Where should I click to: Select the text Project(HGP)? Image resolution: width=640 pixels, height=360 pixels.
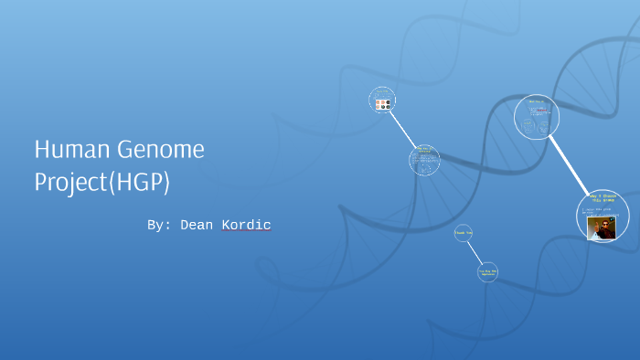[102, 182]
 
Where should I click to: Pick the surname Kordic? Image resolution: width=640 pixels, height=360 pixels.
[246, 225]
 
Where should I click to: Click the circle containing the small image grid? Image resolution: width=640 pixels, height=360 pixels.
[382, 99]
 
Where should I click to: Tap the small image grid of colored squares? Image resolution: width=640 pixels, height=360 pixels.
[383, 104]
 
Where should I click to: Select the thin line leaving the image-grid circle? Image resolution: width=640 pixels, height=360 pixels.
[402, 128]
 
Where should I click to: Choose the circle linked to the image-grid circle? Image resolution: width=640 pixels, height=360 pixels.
[424, 160]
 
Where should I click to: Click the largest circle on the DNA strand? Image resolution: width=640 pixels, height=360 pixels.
[537, 117]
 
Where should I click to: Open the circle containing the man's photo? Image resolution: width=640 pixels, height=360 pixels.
[602, 216]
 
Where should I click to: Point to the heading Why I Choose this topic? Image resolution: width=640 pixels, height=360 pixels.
[603, 199]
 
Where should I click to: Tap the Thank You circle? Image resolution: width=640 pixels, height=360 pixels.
[463, 233]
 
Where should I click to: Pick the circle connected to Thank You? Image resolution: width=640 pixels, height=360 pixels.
[488, 271]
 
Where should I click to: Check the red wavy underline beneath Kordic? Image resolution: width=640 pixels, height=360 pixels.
[246, 232]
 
